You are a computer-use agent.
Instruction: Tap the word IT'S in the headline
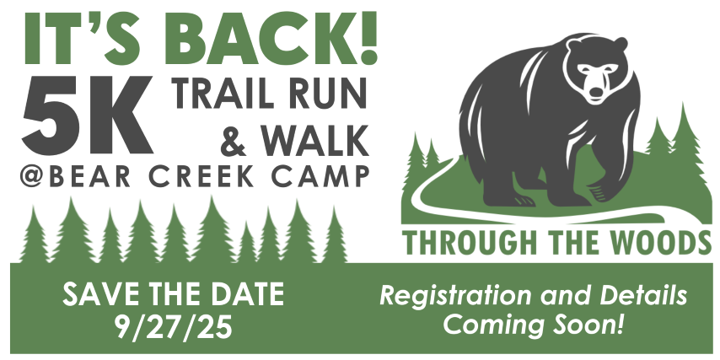[87, 40]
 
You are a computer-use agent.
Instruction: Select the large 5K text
[87, 115]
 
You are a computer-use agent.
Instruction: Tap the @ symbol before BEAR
[32, 176]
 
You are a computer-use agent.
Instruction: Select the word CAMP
[320, 176]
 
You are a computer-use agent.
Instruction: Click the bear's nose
[595, 93]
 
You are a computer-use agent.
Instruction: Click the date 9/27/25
[174, 327]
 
